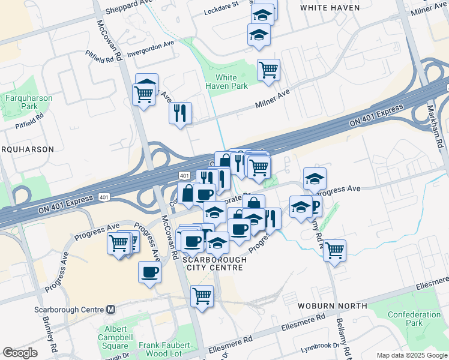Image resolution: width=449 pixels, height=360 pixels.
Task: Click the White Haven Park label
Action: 226,82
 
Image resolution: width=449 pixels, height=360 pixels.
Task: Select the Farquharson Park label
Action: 29,102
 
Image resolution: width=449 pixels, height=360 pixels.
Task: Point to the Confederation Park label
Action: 414,319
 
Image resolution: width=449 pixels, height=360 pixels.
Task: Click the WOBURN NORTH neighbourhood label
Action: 332,305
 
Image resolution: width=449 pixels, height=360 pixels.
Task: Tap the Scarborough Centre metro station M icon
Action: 110,310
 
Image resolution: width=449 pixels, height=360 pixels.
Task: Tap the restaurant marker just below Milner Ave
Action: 180,113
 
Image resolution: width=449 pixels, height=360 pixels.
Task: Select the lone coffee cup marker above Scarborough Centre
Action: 149,272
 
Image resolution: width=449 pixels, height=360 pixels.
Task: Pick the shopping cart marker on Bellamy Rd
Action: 334,250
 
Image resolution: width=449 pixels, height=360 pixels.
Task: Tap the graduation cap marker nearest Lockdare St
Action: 262,13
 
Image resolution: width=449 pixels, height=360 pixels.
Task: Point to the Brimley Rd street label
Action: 49,334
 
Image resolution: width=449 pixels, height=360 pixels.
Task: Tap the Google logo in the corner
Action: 20,353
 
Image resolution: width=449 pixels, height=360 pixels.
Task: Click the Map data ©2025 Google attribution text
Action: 411,355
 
